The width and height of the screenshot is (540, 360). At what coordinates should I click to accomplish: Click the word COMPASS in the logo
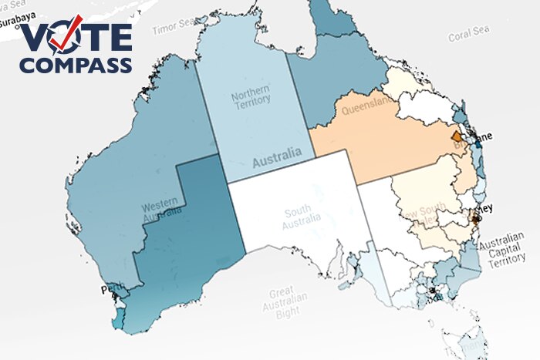[76, 66]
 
